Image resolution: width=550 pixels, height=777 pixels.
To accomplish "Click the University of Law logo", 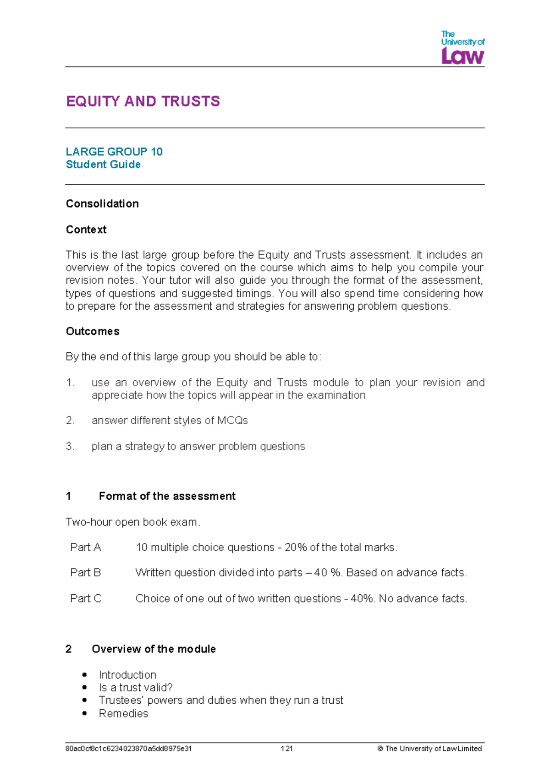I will [x=462, y=48].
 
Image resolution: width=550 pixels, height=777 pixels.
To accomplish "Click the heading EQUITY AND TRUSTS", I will [x=143, y=101].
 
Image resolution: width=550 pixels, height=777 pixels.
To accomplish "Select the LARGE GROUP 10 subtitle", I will [x=114, y=152].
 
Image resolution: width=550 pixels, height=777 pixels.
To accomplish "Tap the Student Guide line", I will [x=103, y=164].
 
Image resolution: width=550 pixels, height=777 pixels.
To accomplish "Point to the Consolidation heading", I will [x=102, y=204].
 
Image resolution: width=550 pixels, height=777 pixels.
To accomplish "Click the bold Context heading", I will [x=86, y=230].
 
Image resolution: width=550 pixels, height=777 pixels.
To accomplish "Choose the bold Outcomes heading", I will [x=93, y=331].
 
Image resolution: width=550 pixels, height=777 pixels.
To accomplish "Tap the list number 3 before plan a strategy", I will [x=70, y=446].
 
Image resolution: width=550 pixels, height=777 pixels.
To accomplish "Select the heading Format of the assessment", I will [x=167, y=496].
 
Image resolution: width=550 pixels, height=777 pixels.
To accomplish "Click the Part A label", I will [x=86, y=547].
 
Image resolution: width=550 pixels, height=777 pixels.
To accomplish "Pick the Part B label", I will [x=86, y=573].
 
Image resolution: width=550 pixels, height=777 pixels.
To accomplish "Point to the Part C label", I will [x=86, y=598].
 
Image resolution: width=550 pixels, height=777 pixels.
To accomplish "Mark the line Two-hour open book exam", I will [x=133, y=522].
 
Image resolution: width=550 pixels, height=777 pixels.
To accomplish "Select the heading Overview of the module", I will [x=154, y=649].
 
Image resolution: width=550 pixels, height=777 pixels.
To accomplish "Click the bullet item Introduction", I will [x=127, y=675].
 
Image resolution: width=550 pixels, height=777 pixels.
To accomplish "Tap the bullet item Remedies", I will [x=123, y=713].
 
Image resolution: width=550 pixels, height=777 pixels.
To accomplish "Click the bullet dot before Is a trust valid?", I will [x=84, y=688].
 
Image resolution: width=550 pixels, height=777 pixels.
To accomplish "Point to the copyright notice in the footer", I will [x=429, y=749].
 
